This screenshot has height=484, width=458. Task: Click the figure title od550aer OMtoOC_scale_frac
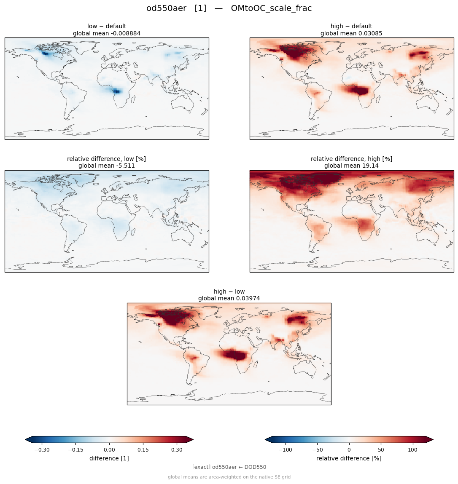(x=229, y=8)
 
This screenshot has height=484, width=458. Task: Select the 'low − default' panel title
(x=107, y=26)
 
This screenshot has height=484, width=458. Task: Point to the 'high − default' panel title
(x=351, y=26)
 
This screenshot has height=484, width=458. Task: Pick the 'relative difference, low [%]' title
(x=106, y=159)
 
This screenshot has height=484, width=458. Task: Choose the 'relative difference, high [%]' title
(x=351, y=159)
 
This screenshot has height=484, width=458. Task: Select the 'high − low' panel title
(x=229, y=291)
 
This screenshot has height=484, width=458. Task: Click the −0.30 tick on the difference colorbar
(x=42, y=450)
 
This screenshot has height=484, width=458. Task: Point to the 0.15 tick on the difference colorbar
(x=143, y=450)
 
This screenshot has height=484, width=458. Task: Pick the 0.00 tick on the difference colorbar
(x=109, y=450)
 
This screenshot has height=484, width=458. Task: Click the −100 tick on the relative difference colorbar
(x=285, y=450)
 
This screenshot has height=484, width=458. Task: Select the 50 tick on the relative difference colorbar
(x=381, y=450)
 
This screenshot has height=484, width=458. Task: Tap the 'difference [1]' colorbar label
(x=109, y=458)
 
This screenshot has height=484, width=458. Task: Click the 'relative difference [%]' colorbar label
(x=349, y=458)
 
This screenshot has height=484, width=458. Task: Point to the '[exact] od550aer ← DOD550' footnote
(x=229, y=467)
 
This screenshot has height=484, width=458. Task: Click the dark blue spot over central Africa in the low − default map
(x=116, y=91)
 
